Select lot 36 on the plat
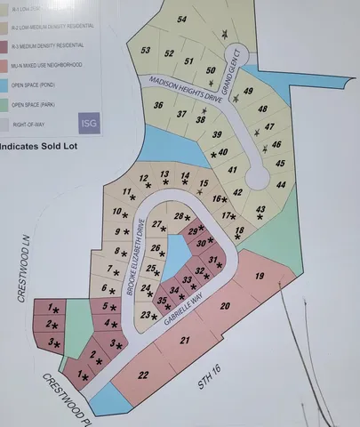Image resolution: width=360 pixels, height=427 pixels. (157, 105)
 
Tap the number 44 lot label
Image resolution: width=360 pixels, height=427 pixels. (281, 184)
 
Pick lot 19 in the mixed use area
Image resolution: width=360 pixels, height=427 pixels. (260, 277)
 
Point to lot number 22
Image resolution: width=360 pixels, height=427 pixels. (142, 375)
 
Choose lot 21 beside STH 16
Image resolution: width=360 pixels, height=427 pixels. (185, 340)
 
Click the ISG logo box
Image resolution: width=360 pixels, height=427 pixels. (89, 124)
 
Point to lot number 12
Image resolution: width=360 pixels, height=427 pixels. (143, 179)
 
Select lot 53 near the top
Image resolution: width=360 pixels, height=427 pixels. (146, 52)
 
